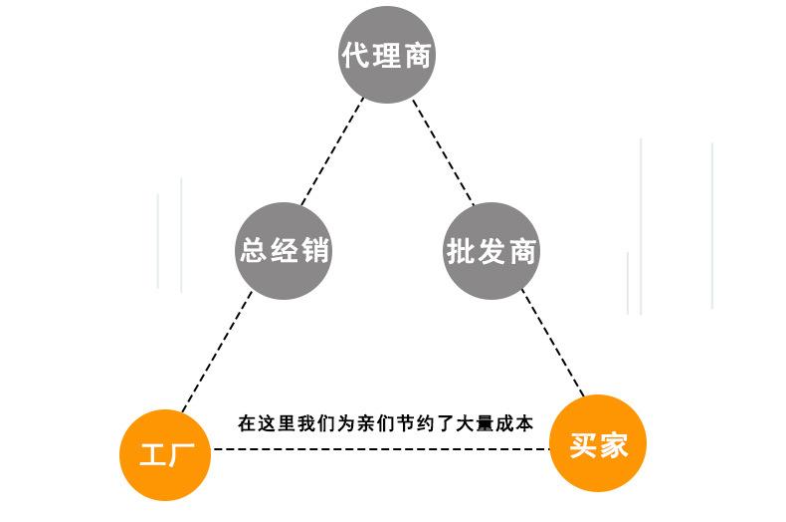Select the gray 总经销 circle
click(x=284, y=251)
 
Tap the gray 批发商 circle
click(x=491, y=251)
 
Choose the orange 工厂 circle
click(x=167, y=455)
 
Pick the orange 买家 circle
click(x=598, y=444)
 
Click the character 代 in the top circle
click(x=355, y=56)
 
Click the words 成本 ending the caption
click(x=515, y=423)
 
